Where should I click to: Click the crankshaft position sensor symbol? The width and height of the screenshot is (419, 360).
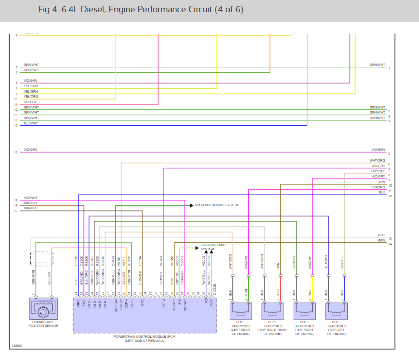(x=43, y=311)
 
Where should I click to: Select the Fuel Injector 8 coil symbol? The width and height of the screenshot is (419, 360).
(x=241, y=311)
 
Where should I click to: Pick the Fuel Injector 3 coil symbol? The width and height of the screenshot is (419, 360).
(x=305, y=311)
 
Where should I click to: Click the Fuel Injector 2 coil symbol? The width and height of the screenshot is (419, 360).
(x=336, y=311)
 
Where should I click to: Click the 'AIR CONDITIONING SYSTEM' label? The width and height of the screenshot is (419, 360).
(x=217, y=205)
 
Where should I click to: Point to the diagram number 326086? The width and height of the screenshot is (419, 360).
(x=17, y=345)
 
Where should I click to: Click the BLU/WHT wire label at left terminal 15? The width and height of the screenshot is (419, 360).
(x=31, y=123)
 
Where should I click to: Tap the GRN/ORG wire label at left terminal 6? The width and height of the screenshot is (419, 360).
(x=31, y=70)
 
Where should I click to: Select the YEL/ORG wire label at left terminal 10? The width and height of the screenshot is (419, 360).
(x=31, y=97)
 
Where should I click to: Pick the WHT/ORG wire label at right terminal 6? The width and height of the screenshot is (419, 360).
(x=377, y=161)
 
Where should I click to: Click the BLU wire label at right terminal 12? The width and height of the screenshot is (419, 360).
(x=382, y=192)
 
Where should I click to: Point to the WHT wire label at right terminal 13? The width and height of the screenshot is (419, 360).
(x=381, y=235)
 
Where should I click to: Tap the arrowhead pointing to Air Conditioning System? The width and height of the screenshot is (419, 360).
(x=191, y=205)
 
